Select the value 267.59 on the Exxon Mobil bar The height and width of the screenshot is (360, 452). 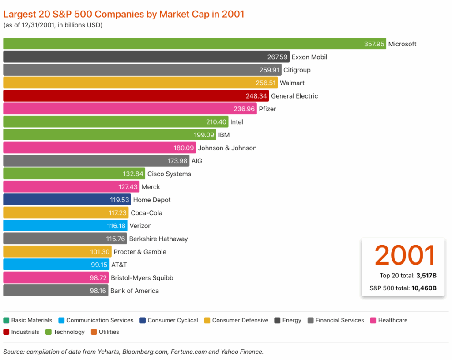(x=278, y=57)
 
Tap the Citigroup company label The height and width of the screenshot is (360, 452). (x=297, y=70)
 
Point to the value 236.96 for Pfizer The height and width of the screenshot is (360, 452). (x=244, y=109)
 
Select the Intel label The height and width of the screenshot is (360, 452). (x=237, y=122)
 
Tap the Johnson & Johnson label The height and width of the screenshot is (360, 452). (x=227, y=148)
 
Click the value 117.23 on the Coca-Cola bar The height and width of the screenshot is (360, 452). (x=117, y=213)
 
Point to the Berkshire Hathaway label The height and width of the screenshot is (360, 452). (x=158, y=239)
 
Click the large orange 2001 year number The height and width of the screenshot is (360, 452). (x=405, y=255)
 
